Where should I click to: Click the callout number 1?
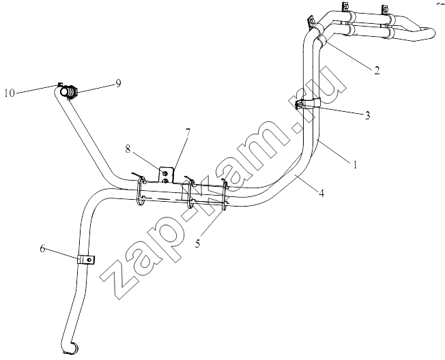point(354,164)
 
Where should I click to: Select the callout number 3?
point(367,115)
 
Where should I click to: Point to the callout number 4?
point(321,194)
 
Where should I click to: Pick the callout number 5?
point(197,243)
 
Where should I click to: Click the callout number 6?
point(42,249)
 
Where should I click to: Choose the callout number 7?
point(188,132)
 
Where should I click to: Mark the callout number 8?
point(128,149)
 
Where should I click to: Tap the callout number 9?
point(118,83)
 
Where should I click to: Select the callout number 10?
point(10,93)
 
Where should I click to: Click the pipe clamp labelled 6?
point(86,260)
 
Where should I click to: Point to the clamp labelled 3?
point(308,104)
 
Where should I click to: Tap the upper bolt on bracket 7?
point(165,172)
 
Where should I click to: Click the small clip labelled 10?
point(60,84)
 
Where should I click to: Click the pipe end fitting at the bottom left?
point(70,349)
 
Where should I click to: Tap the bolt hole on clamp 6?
point(89,260)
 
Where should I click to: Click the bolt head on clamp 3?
point(299,106)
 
